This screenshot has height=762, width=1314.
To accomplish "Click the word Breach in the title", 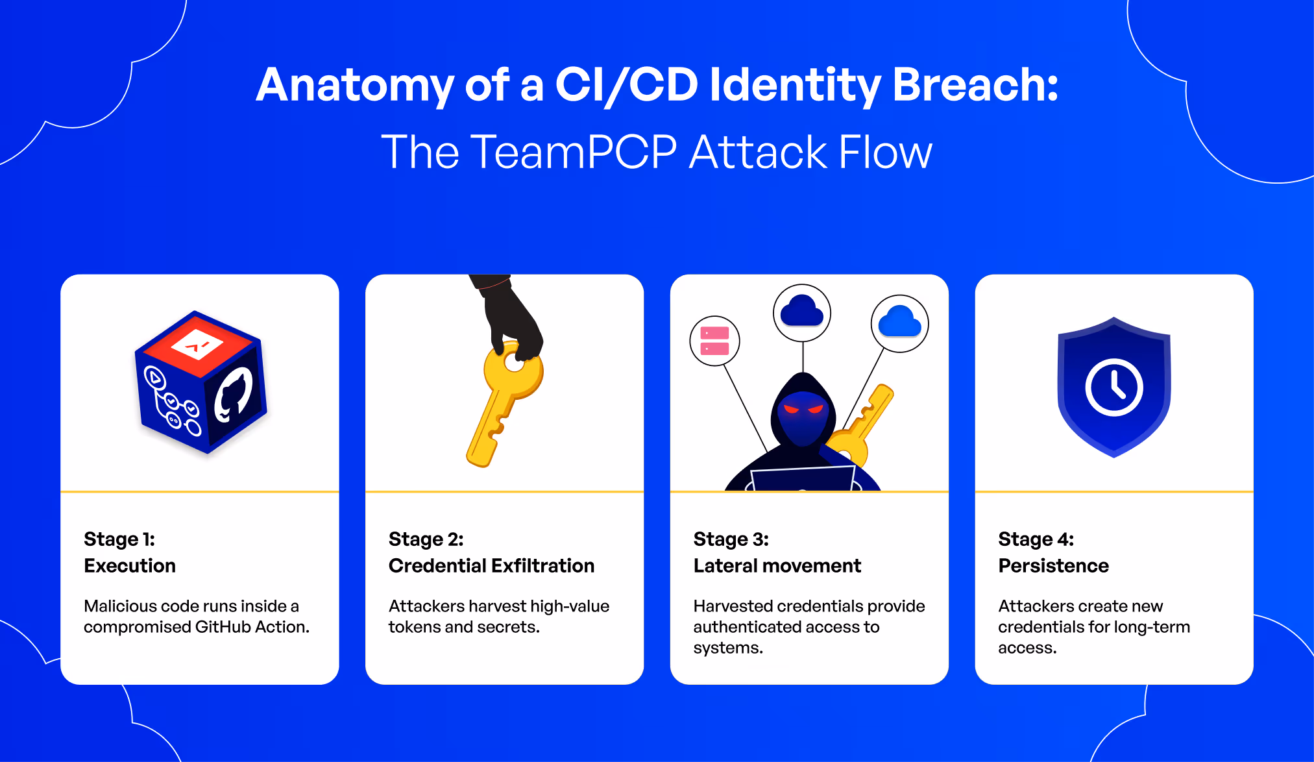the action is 975,85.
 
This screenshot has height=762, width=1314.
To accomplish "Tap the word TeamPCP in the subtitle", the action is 574,153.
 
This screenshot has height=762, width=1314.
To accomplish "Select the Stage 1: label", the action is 119,539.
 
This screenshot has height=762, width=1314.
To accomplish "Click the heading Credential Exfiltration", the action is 491,566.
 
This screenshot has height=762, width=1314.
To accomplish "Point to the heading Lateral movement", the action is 777,566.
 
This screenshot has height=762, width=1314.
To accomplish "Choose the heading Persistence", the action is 1053,566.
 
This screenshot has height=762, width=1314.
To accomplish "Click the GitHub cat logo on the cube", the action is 234,394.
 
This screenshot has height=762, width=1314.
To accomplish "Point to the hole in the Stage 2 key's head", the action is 514,362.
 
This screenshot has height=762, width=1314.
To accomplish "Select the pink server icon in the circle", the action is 714,341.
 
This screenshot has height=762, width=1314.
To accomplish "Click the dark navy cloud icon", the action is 802,310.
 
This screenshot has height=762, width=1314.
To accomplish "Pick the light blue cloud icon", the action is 899,321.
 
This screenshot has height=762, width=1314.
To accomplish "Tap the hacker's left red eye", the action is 791,409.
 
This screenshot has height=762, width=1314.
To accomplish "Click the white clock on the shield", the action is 1114,387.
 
